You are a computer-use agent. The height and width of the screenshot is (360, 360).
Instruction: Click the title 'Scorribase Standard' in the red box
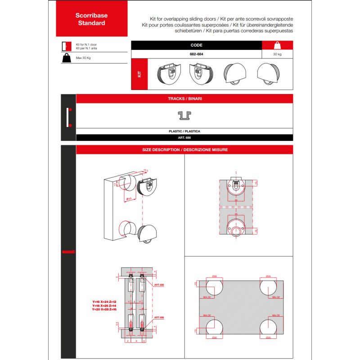(91, 19)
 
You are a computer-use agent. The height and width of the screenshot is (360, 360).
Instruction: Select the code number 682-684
(196, 54)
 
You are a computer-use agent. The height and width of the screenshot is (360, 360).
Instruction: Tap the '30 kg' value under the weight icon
(277, 54)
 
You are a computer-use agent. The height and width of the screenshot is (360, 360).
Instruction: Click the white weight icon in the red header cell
(277, 45)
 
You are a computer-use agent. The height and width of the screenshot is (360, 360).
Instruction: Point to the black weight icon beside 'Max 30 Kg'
(66, 58)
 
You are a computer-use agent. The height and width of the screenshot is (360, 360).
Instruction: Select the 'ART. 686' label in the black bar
(184, 138)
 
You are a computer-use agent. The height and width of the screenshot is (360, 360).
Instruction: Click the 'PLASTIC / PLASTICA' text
(184, 131)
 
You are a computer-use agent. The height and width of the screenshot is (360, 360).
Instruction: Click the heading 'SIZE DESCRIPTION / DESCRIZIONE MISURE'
(184, 150)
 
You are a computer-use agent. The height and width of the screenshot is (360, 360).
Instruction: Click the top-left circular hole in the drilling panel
(214, 286)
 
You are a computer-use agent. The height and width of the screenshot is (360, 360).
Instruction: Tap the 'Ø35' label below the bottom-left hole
(214, 337)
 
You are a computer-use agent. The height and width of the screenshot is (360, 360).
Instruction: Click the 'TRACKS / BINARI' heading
(184, 99)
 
